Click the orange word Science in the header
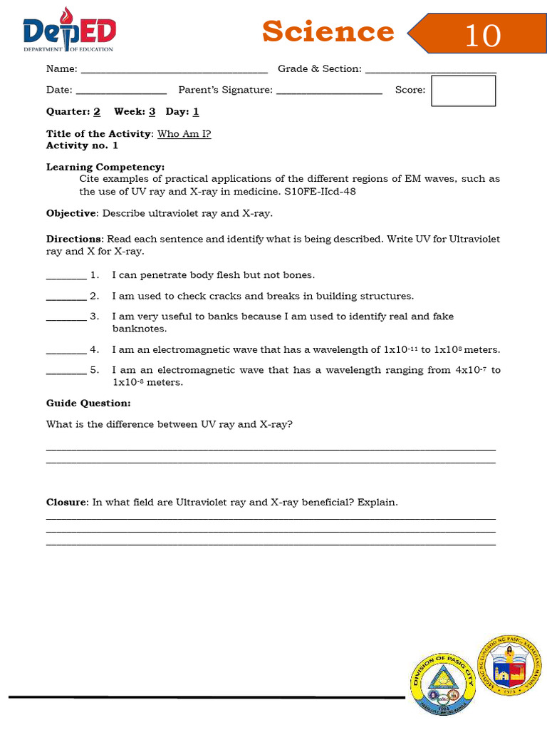pyautogui.click(x=328, y=32)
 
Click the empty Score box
pyautogui.click(x=463, y=91)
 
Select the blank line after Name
pyautogui.click(x=174, y=71)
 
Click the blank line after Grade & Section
pyautogui.click(x=430, y=71)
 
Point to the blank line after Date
pyautogui.click(x=121, y=92)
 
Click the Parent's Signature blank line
pyautogui.click(x=329, y=92)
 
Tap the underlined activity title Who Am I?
pyautogui.click(x=184, y=134)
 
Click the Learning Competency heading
pyautogui.click(x=105, y=167)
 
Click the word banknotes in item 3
pyautogui.click(x=140, y=329)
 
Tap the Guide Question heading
pyautogui.click(x=88, y=403)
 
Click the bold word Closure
pyautogui.click(x=66, y=503)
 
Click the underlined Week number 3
pyautogui.click(x=152, y=112)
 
